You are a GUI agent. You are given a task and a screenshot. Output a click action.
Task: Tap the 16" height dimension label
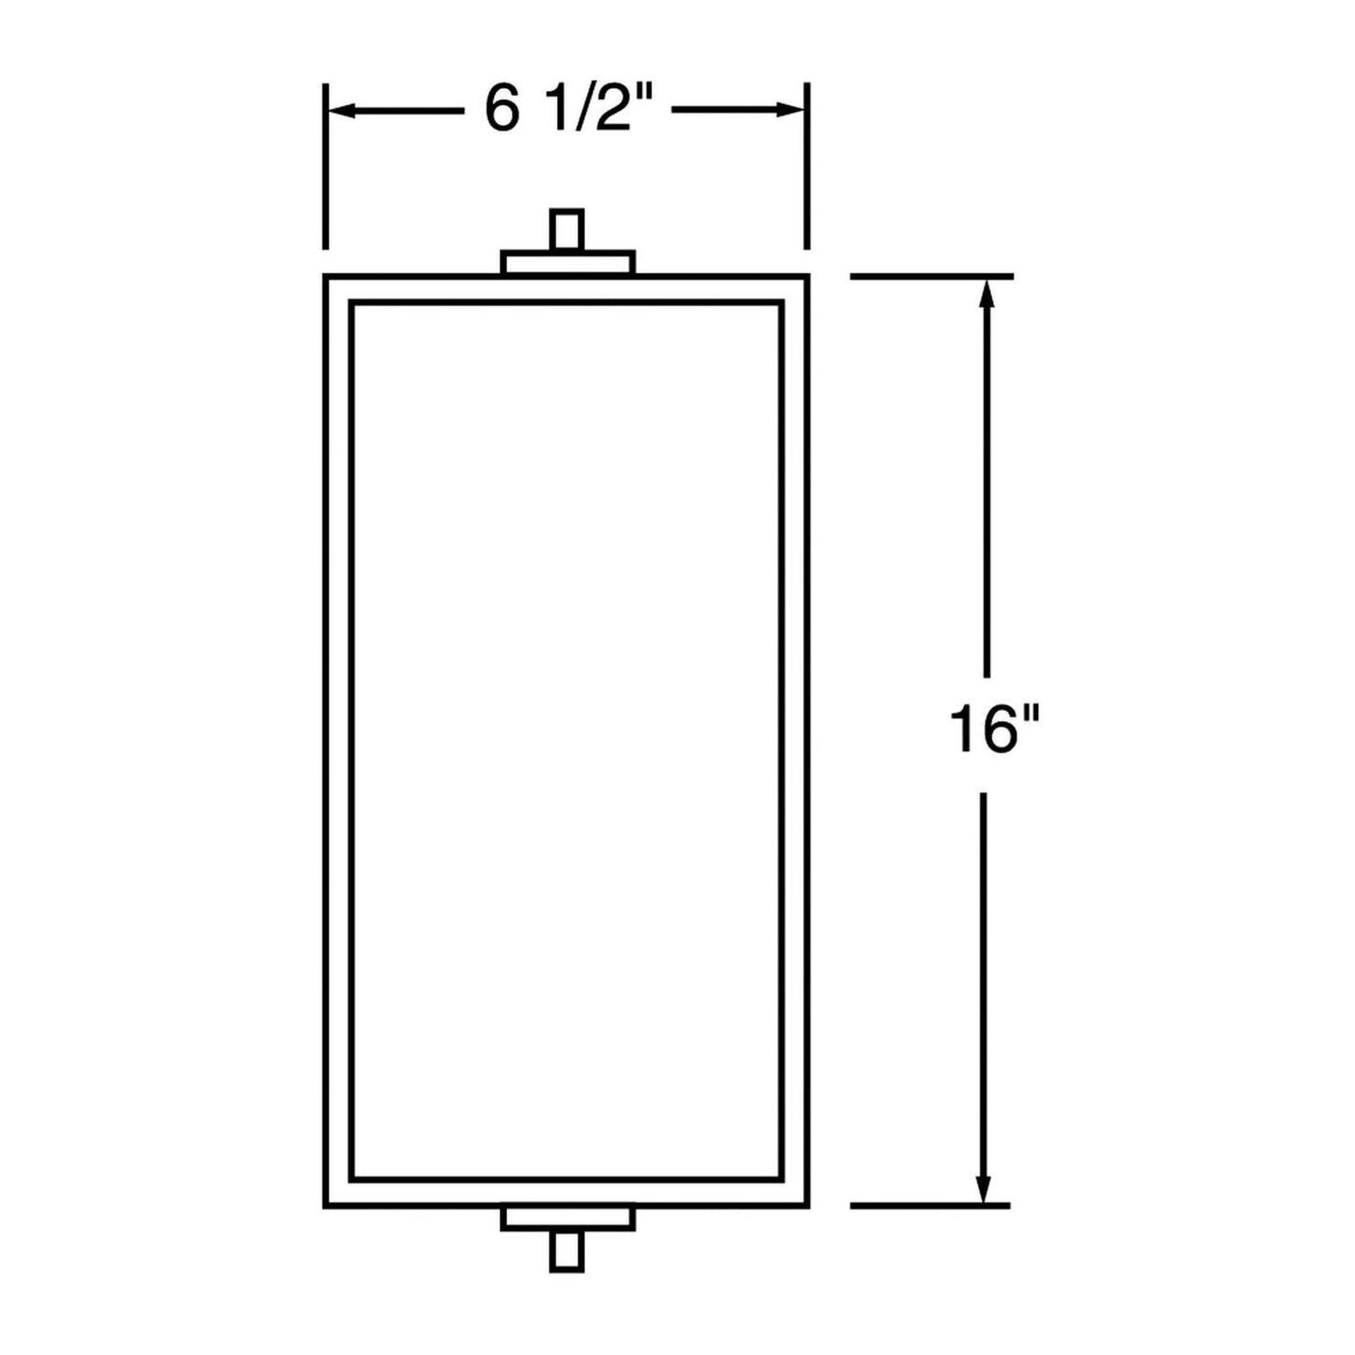point(984,729)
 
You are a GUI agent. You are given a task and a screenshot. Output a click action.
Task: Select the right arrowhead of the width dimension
point(791,111)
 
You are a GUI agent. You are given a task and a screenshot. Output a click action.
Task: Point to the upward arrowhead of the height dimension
point(985,293)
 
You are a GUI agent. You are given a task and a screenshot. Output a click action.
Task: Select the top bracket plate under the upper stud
point(567,263)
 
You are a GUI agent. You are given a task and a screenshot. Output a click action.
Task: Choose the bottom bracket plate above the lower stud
point(567,1218)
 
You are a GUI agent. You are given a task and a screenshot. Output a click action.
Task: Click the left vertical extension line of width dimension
point(324,167)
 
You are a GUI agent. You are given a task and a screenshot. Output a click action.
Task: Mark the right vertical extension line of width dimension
point(807,167)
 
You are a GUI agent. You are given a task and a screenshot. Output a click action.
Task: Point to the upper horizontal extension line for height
point(930,276)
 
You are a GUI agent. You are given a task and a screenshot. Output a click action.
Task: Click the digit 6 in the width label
point(502,111)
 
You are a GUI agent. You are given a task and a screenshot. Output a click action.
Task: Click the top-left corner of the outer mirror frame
point(325,277)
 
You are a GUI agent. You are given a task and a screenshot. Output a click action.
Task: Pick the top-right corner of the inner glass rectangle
point(781,303)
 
